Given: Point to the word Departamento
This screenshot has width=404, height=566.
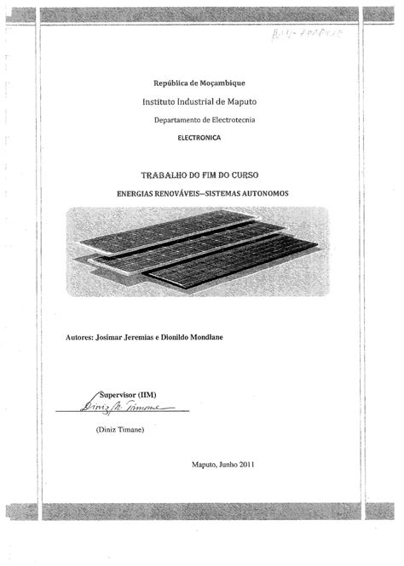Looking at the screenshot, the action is [x=177, y=122].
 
